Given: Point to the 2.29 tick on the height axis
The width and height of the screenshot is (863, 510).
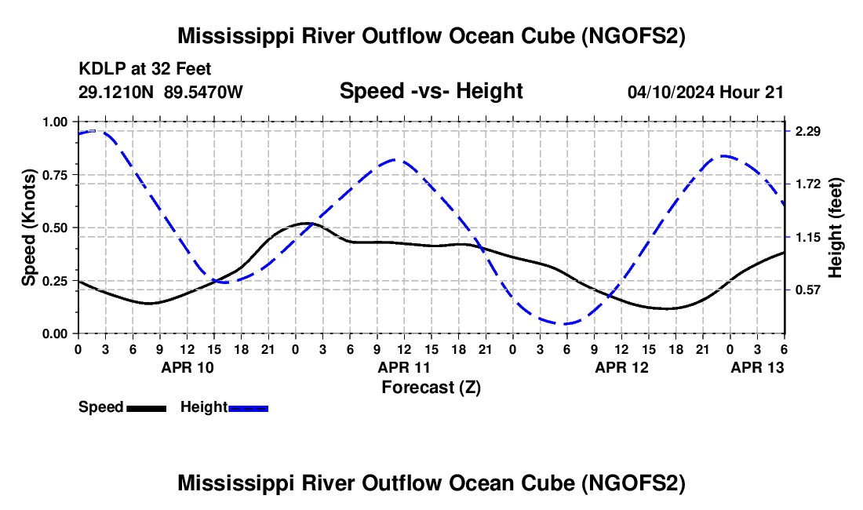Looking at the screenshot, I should pos(807,131).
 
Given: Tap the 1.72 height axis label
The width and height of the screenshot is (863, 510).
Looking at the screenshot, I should pos(807,184).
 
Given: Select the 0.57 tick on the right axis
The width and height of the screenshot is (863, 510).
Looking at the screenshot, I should pos(807,290).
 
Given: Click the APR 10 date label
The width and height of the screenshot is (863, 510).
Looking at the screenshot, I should pos(187,367).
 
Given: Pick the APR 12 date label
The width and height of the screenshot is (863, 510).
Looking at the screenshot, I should pos(621,367).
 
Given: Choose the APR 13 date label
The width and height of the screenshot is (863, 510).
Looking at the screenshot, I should pos(757,367).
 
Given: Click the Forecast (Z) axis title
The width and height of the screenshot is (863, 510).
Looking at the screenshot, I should pos(431,387).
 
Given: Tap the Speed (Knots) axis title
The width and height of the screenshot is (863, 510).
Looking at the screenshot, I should pos(28,228).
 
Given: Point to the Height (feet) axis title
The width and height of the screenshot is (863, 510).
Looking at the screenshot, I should pos(836,228).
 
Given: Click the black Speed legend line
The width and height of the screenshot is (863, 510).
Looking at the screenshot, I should pos(146,408).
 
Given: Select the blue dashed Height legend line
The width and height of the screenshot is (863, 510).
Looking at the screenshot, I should pos(248,408).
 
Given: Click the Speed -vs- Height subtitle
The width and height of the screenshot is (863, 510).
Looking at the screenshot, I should pos(431,91).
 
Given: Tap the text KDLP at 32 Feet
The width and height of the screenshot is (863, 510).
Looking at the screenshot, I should pos(145,70).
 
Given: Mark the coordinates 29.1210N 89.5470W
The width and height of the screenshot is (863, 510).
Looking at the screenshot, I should pos(161,92).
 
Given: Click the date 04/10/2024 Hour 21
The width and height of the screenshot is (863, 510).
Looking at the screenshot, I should pos(705,92).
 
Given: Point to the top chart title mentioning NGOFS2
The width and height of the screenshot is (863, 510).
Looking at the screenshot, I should pos(431,36).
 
